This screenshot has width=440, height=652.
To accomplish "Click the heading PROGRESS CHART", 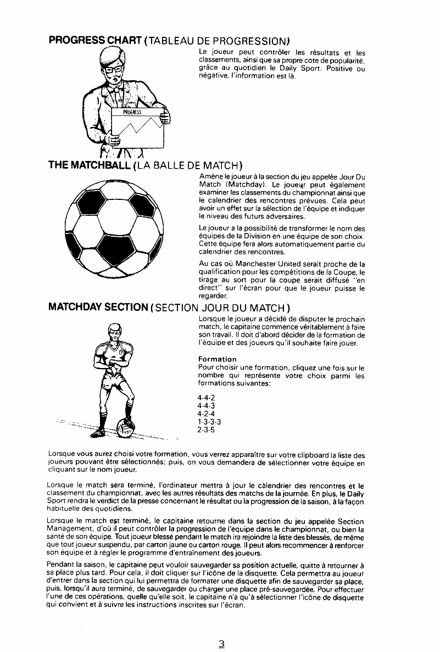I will pyautogui.click(x=96, y=41).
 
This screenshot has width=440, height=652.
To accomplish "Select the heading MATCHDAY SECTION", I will pyautogui.click(x=98, y=307).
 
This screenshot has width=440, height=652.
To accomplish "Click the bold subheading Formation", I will pyautogui.click(x=218, y=359).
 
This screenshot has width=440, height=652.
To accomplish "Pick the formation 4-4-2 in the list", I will pyautogui.click(x=207, y=399).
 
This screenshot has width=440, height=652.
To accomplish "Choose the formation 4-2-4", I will pyautogui.click(x=207, y=414).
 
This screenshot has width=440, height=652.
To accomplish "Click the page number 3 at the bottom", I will pyautogui.click(x=221, y=644).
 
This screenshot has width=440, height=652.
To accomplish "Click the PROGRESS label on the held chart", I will pyautogui.click(x=132, y=112).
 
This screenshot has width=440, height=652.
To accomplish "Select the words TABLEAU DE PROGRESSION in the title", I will pyautogui.click(x=219, y=41).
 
